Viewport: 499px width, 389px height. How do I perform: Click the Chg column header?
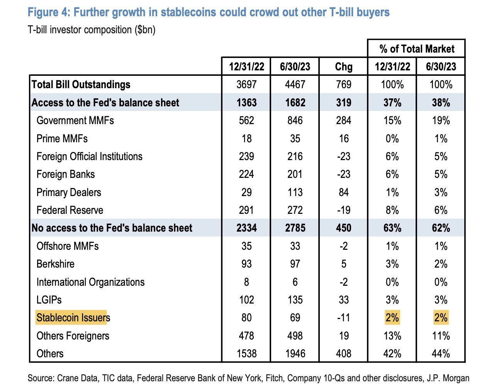[343, 67]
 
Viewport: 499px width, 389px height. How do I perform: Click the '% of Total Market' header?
[417, 49]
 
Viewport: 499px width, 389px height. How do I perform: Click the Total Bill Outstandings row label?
[81, 85]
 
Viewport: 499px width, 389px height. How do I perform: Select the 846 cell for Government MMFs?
[295, 121]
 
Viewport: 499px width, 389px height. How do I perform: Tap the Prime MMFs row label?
[62, 138]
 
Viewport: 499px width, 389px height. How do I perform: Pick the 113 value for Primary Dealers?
[295, 192]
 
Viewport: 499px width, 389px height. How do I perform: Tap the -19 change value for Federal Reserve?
[343, 210]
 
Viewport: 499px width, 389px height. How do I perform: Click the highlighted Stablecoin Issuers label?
[73, 318]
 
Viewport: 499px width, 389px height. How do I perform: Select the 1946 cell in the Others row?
[295, 353]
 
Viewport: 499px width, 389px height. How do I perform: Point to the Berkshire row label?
[55, 264]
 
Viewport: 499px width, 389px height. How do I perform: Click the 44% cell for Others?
[441, 353]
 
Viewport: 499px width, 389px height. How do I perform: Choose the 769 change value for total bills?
[343, 85]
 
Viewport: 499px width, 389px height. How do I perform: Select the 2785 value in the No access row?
[295, 228]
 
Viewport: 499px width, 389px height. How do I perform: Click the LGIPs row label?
[49, 300]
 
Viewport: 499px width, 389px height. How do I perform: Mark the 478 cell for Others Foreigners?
[246, 336]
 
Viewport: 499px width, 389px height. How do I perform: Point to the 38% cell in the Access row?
[441, 102]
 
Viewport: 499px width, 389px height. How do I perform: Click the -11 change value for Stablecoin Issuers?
[343, 318]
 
